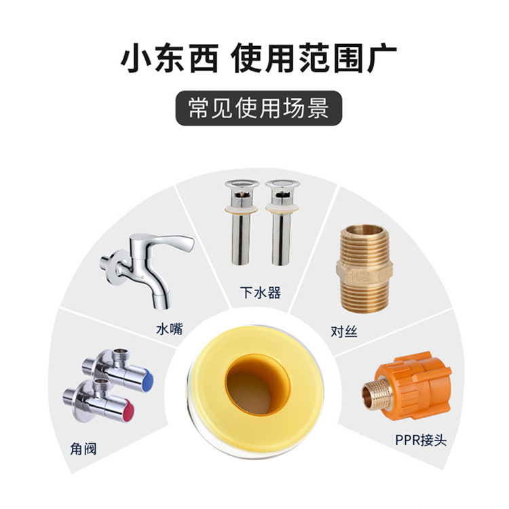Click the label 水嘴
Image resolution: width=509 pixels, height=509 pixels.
pyautogui.click(x=170, y=328)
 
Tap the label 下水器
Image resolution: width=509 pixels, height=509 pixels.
pyautogui.click(x=261, y=293)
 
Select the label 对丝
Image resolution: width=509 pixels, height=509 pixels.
pyautogui.click(x=344, y=331)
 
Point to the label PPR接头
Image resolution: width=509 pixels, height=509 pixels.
pyautogui.click(x=421, y=440)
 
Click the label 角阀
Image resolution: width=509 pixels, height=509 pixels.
pyautogui.click(x=83, y=449)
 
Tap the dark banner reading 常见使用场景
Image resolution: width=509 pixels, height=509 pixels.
pyautogui.click(x=259, y=108)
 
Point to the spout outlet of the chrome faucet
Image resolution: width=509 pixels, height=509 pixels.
pyautogui.click(x=162, y=302)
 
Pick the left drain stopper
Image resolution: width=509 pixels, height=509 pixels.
pyautogui.click(x=242, y=222)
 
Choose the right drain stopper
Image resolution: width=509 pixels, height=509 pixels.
pyautogui.click(x=282, y=222)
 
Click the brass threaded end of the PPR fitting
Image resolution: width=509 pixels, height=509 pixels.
pyautogui.click(x=374, y=394)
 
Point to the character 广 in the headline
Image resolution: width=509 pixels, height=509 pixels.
pyautogui.click(x=381, y=59)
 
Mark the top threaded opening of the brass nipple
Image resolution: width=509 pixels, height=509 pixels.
pyautogui.click(x=362, y=230)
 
